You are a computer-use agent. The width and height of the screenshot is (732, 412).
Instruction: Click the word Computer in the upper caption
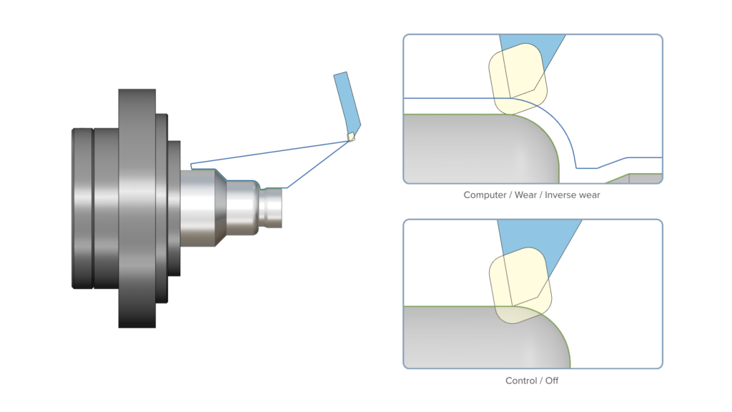483,195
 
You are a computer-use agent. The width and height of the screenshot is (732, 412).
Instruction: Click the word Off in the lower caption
551,381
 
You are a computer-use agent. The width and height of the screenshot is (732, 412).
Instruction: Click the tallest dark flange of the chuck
137,207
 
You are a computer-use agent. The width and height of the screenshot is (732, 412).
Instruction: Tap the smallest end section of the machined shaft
271,207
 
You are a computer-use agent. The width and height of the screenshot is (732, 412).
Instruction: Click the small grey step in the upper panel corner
643,178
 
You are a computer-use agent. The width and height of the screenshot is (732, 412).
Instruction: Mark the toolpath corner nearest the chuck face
192,167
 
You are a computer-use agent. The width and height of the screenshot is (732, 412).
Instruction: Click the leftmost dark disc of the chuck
82,207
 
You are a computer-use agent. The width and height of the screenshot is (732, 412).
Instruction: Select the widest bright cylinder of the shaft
200,207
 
